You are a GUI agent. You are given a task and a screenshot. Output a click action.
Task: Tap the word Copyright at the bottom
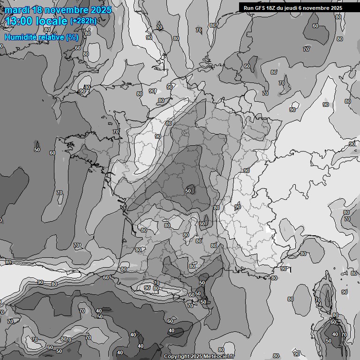pos(176,357)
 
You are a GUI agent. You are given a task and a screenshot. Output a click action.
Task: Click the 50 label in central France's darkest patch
pos(188,191)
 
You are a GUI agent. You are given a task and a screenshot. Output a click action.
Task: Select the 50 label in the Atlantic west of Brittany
pos(37,150)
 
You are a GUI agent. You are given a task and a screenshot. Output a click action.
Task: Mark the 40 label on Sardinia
pos(335,335)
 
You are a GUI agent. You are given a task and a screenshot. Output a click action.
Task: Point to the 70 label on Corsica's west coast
pos(317,300)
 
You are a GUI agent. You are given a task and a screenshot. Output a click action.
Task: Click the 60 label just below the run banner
pos(315,26)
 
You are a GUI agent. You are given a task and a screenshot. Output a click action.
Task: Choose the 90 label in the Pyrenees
pos(147,288)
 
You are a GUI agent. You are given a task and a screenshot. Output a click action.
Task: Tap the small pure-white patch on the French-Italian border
pos(268,230)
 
